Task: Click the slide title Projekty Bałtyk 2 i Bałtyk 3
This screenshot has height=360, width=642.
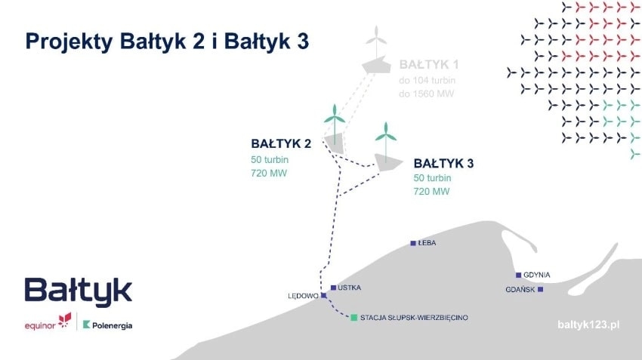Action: [167, 42]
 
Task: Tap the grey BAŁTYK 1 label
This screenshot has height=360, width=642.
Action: [429, 65]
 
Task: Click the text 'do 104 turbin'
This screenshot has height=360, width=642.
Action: [427, 80]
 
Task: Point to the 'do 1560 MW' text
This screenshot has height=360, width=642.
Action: [426, 94]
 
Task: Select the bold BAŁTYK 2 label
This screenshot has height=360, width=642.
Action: [281, 143]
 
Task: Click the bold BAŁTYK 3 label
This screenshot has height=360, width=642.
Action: [443, 163]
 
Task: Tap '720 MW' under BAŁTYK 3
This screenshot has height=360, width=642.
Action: [431, 192]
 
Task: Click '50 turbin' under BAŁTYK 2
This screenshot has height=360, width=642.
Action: [270, 159]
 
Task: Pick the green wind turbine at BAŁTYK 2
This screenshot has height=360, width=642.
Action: [335, 124]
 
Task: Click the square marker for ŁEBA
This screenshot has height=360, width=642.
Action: [413, 244]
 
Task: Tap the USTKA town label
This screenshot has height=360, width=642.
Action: [349, 288]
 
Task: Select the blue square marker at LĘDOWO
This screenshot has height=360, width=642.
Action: [324, 295]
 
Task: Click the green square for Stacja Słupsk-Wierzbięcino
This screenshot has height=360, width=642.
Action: [354, 318]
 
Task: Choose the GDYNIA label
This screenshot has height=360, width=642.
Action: [537, 275]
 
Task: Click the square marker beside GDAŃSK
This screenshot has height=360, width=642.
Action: [541, 289]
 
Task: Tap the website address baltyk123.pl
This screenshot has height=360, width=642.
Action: [588, 325]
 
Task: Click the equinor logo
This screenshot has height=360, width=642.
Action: [48, 322]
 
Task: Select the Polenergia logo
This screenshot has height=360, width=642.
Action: [108, 325]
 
